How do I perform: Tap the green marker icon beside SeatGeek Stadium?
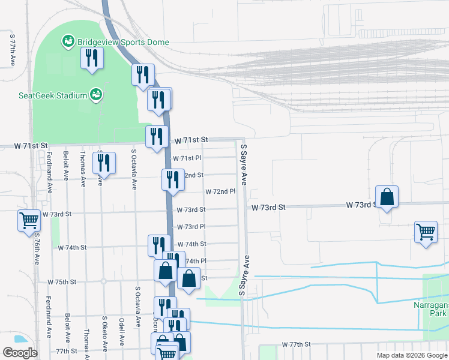point(95,94)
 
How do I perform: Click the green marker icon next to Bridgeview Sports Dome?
point(68,42)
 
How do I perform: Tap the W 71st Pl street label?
point(187,158)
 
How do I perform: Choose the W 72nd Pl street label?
point(220,192)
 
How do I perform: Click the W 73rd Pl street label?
point(191,227)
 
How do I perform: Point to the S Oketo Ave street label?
point(104,333)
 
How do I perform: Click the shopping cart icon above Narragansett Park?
point(426,231)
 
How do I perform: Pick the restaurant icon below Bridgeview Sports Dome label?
point(92,58)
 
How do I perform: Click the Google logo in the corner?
point(20,353)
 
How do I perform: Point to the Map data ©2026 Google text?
point(411,355)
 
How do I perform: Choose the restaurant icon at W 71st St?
point(157,136)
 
